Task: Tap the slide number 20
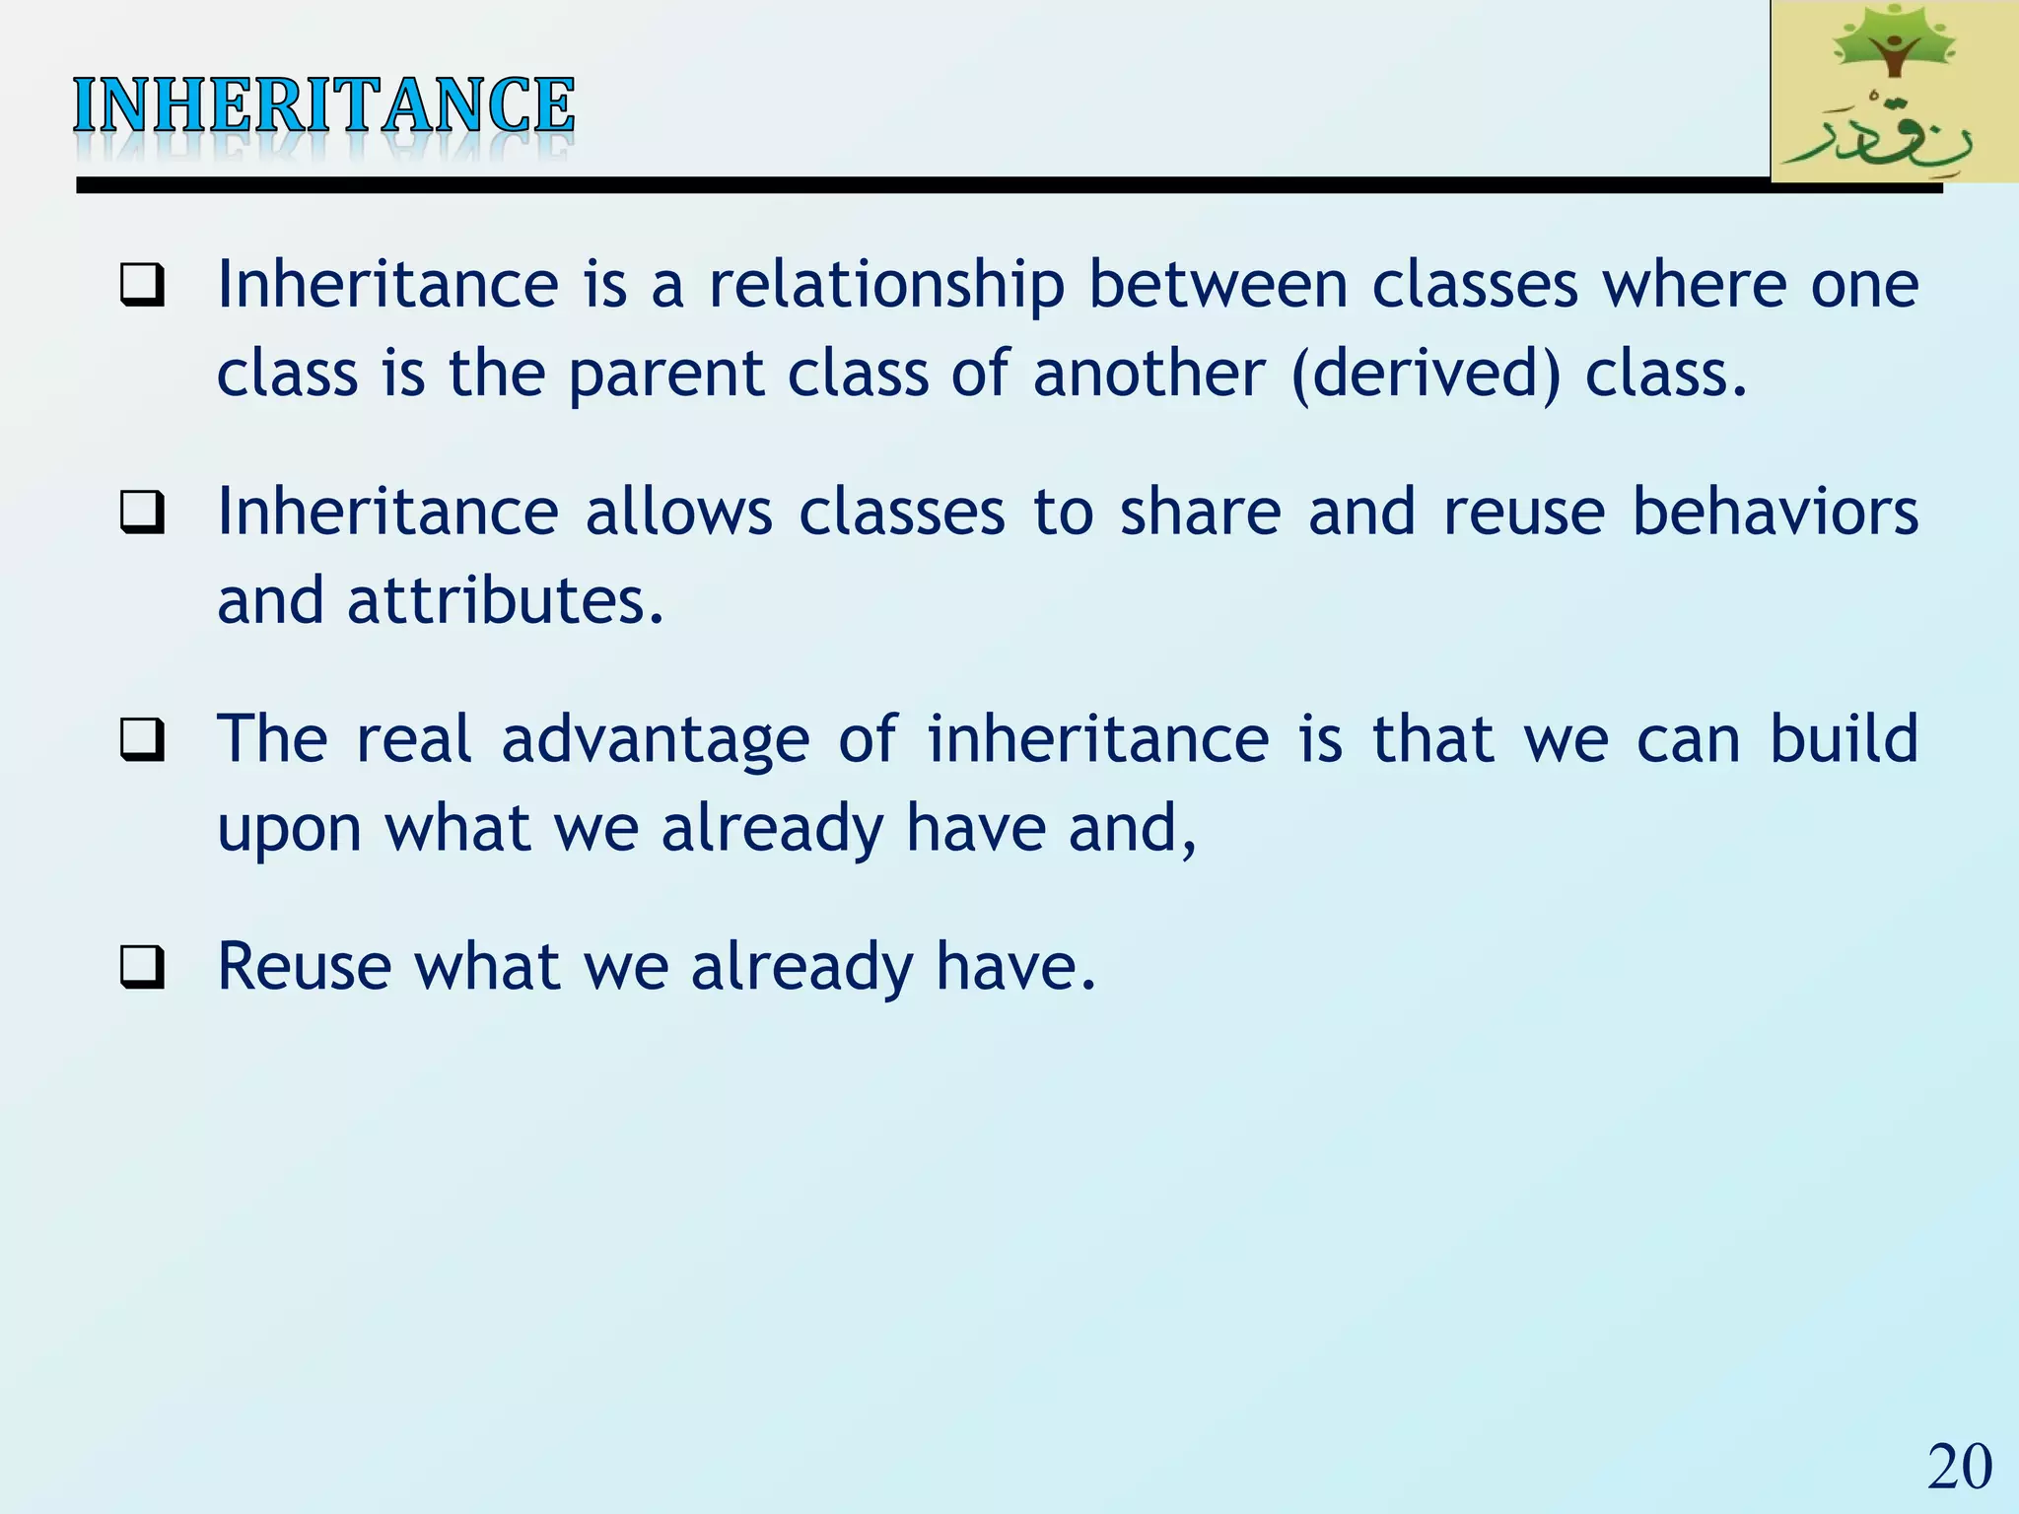point(1959,1467)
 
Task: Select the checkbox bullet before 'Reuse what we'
point(142,968)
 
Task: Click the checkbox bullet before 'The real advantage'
point(142,740)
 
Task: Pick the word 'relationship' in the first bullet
point(886,286)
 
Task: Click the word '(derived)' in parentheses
point(1426,375)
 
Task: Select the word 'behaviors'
point(1775,512)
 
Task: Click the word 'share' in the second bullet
point(1200,512)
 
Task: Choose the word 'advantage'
point(655,741)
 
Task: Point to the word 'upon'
point(290,830)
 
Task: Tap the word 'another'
point(1149,375)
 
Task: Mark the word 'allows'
point(679,512)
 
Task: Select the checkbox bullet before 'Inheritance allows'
point(142,514)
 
